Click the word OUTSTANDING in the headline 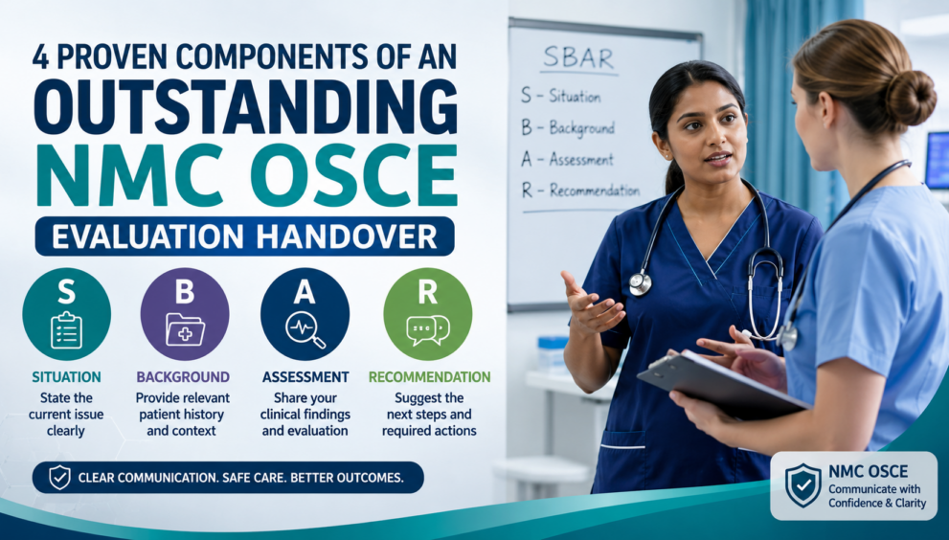click(x=245, y=106)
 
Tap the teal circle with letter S click(x=67, y=314)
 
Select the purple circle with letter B click(x=185, y=314)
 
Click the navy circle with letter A click(x=305, y=314)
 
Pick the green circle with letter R click(x=428, y=314)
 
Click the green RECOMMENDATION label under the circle click(x=430, y=377)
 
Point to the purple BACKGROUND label click(x=183, y=377)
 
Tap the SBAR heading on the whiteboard click(x=578, y=58)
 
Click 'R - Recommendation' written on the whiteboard click(x=580, y=191)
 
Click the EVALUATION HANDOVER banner click(x=244, y=236)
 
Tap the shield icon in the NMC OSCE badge click(x=802, y=485)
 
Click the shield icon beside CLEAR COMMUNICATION click(x=59, y=477)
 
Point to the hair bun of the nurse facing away click(x=910, y=98)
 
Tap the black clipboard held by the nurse click(x=724, y=385)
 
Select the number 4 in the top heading click(x=40, y=56)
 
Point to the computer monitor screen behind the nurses click(x=937, y=161)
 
